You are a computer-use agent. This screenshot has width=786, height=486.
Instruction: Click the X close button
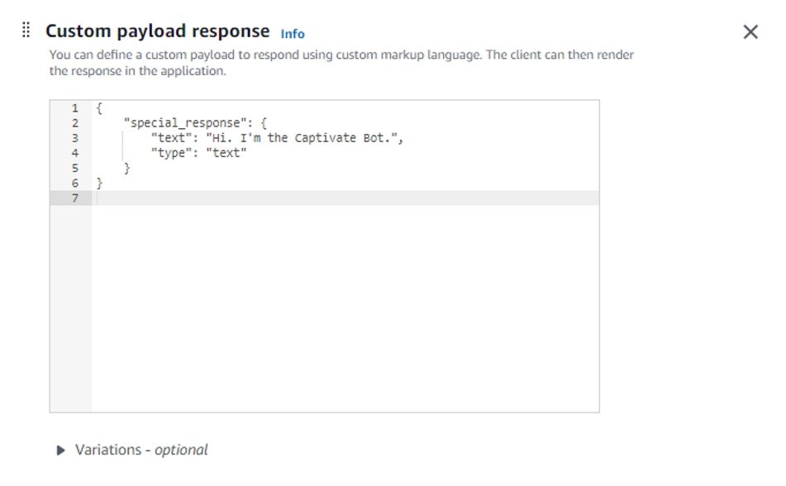(x=750, y=32)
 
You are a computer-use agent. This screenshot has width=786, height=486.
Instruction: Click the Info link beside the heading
(x=293, y=34)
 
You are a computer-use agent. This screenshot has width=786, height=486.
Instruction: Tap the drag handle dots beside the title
(x=26, y=31)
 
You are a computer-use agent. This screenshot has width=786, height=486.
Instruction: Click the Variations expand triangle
(x=61, y=450)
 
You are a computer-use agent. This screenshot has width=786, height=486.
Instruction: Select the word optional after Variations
(x=181, y=450)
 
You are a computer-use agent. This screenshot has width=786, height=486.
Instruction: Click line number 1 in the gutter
(x=75, y=108)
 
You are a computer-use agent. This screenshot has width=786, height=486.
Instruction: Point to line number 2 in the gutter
(x=75, y=123)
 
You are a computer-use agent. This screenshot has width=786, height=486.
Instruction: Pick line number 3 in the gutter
(x=75, y=138)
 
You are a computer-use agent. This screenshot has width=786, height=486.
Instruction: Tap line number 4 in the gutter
(x=75, y=153)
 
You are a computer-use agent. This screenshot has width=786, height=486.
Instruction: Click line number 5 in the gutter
(x=75, y=168)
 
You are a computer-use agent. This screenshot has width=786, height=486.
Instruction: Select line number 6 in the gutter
(x=75, y=183)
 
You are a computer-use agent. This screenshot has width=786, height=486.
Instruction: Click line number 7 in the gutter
(x=75, y=198)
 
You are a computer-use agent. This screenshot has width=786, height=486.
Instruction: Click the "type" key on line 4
(x=171, y=153)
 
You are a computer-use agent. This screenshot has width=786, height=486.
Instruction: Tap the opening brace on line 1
(x=99, y=108)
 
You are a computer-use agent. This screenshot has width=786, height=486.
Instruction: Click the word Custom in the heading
(x=76, y=31)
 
